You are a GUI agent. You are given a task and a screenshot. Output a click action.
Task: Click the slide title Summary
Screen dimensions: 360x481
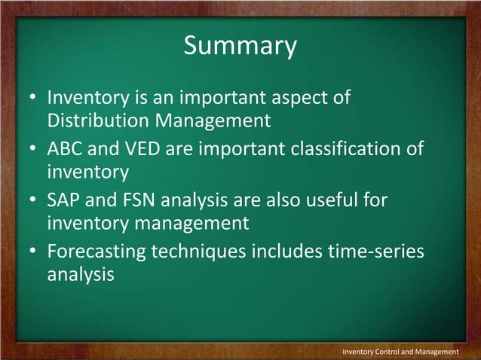(x=240, y=46)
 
